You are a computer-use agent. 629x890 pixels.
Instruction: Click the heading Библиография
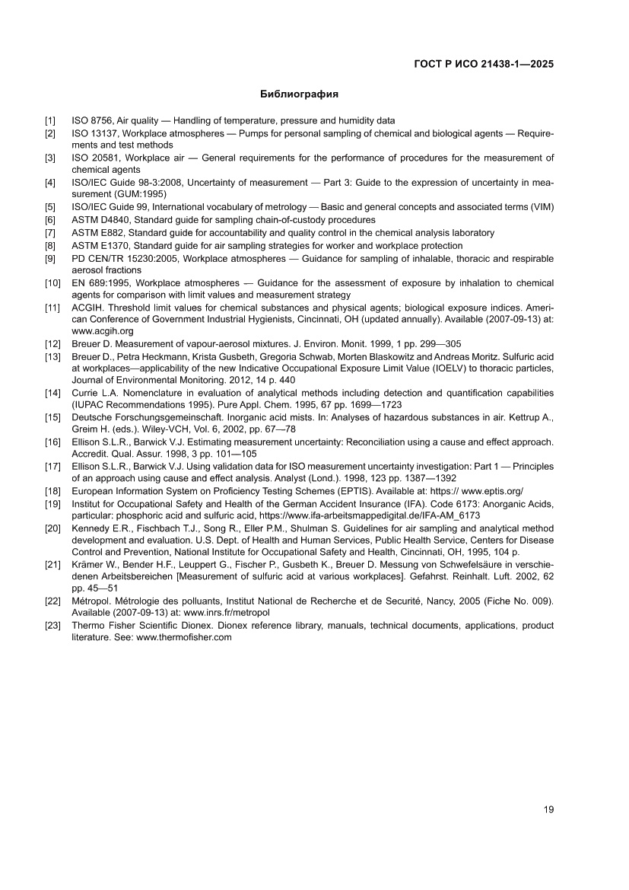(299, 95)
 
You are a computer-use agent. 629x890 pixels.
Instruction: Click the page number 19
(548, 809)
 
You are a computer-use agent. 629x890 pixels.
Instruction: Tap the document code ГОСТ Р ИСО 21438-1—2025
(483, 64)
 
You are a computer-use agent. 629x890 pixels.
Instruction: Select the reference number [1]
(50, 121)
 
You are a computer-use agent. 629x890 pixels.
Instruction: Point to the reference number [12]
(52, 343)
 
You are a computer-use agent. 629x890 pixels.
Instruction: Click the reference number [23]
(52, 625)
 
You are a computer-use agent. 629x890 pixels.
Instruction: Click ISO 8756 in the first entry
(92, 121)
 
